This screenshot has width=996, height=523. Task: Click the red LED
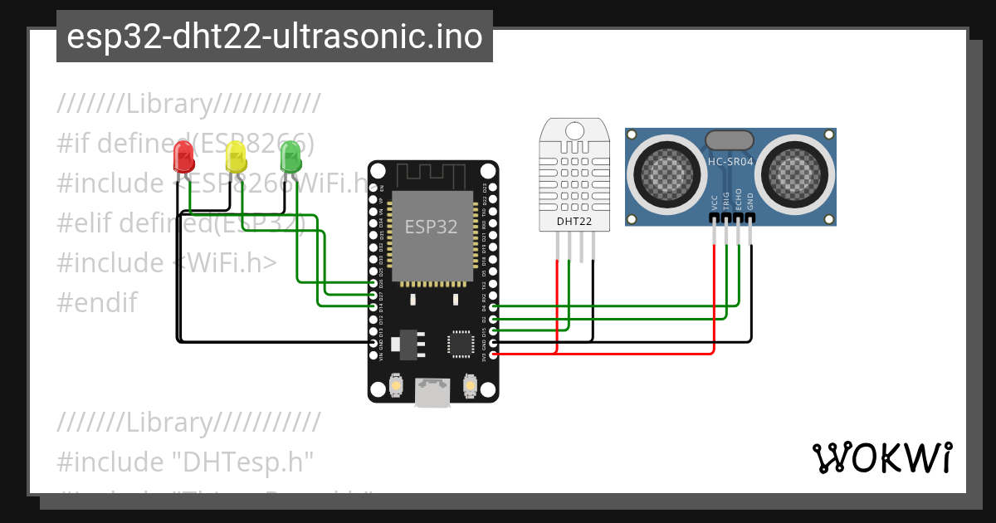click(183, 156)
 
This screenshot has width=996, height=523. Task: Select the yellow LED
click(236, 155)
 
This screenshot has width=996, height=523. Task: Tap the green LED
click(290, 155)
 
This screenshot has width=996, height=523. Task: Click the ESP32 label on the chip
click(431, 227)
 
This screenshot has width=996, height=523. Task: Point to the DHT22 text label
click(574, 221)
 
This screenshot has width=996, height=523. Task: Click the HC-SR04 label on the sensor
click(730, 162)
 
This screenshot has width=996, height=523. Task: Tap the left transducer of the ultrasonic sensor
click(662, 172)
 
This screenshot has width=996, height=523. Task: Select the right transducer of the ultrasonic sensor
click(797, 172)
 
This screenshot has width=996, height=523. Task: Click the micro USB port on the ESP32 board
click(433, 393)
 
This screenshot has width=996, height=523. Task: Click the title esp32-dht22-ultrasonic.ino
click(274, 37)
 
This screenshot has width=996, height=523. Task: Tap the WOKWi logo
click(881, 457)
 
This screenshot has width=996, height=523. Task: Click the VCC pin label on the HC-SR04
click(715, 203)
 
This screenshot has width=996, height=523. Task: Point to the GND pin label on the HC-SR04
click(750, 202)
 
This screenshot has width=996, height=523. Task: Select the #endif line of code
click(97, 302)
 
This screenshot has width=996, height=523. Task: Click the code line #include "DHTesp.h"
click(185, 462)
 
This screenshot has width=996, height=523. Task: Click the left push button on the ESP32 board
click(397, 386)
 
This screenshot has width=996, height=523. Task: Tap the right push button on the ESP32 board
click(470, 386)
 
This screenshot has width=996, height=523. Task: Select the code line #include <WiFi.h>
click(167, 262)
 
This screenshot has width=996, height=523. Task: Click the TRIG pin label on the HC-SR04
click(726, 202)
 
